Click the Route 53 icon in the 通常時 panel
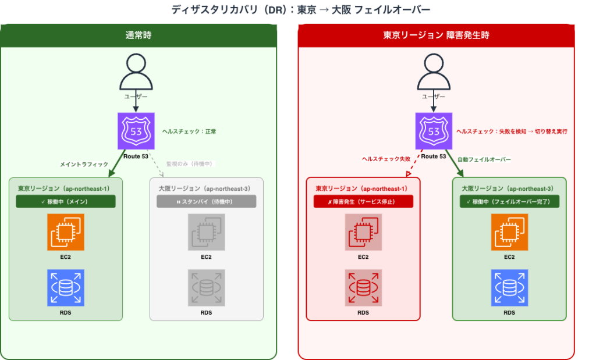click(136, 131)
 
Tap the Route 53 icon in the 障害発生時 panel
click(434, 131)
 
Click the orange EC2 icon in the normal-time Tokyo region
click(66, 232)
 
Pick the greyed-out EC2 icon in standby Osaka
click(206, 232)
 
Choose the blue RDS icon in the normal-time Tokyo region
click(66, 288)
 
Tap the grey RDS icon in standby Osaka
click(206, 288)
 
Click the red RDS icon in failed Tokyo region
click(363, 288)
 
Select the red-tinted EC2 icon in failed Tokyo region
click(363, 232)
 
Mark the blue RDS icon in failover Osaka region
click(509, 288)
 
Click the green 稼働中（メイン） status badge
click(66, 201)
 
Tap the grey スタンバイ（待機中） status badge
click(206, 201)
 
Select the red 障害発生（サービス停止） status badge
click(363, 201)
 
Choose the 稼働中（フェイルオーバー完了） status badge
click(509, 201)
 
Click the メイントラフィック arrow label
click(84, 165)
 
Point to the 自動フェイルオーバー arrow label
click(484, 159)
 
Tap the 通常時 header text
click(138, 35)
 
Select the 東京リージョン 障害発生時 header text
click(436, 35)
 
